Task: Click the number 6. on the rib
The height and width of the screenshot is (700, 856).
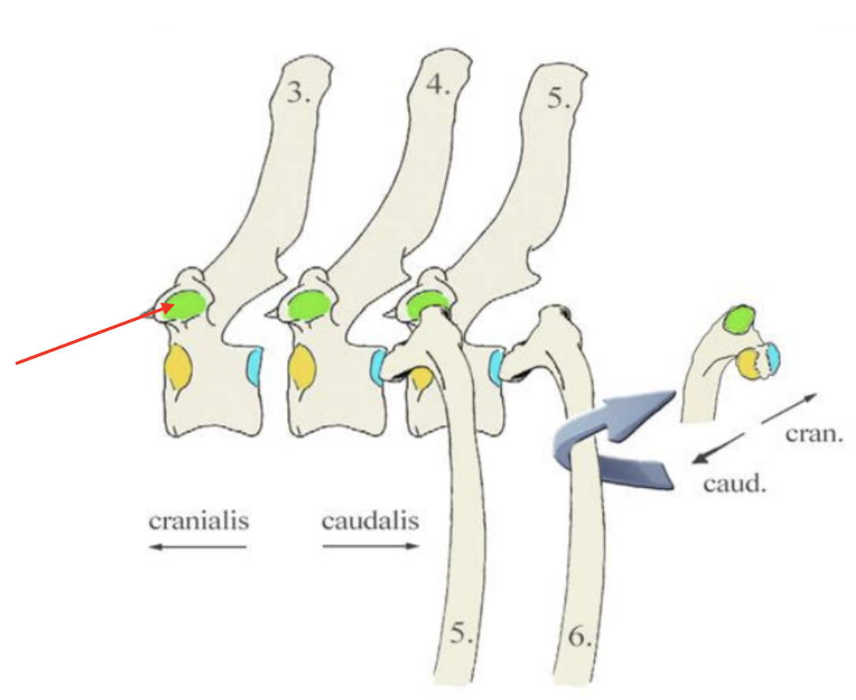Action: (579, 636)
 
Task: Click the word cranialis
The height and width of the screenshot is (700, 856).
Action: (199, 521)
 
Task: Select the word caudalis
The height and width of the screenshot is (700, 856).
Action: (370, 521)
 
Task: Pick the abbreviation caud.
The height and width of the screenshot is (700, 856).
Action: (735, 482)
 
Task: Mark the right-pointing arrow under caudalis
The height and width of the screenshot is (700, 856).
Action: (370, 546)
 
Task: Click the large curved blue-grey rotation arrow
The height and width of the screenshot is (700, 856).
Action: (615, 441)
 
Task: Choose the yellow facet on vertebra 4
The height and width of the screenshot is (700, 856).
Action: (302, 367)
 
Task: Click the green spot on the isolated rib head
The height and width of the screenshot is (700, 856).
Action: (740, 319)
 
